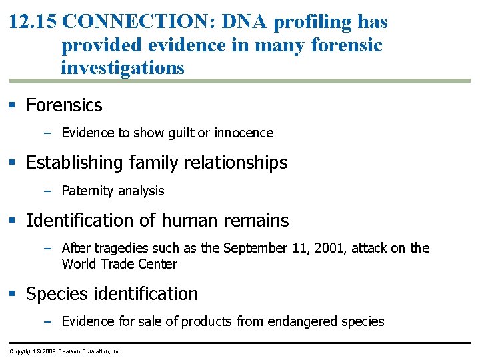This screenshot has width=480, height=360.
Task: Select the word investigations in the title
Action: pos(122,68)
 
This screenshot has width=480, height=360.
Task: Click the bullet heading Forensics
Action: pos(64,105)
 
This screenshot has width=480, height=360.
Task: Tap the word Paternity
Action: pos(85,191)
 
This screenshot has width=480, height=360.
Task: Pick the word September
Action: pos(255,248)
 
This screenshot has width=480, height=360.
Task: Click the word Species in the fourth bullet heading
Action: pos(53,294)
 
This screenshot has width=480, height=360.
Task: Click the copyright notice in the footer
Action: pos(65,351)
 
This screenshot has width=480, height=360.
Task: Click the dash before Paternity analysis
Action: pos(47,191)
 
